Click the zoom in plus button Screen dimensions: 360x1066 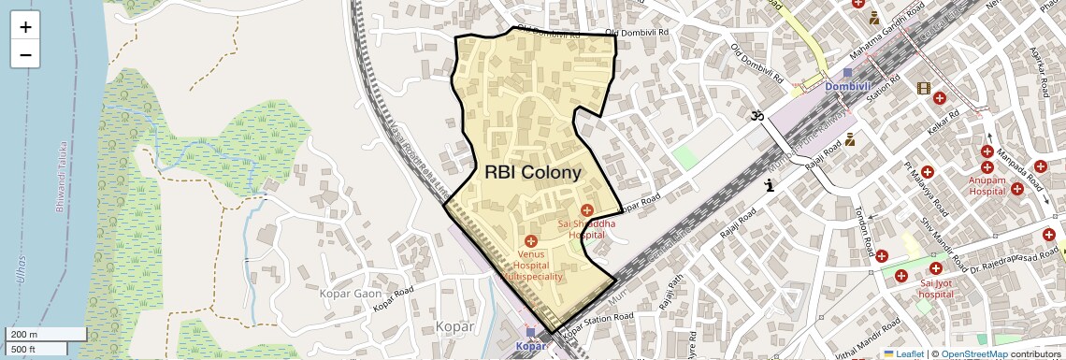(25, 26)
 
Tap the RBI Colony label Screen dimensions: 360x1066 (533, 172)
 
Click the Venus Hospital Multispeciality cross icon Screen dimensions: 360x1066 (531, 241)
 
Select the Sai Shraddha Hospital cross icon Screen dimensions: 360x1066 (587, 209)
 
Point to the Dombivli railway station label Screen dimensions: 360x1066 (846, 87)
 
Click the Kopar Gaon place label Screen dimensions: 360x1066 (353, 294)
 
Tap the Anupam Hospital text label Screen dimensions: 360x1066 (992, 184)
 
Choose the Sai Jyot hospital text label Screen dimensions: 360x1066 (936, 288)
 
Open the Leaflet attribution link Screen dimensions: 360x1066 (903, 353)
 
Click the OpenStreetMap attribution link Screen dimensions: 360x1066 (973, 353)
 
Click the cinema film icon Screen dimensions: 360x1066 (924, 89)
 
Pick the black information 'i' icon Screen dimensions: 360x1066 (770, 185)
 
